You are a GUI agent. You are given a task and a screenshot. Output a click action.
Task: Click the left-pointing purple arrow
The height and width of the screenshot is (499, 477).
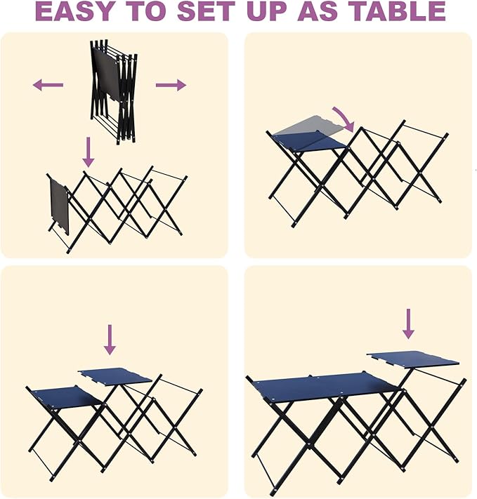pos(48,86)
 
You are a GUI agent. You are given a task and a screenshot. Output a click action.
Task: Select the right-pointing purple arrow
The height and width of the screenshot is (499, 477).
pos(171,86)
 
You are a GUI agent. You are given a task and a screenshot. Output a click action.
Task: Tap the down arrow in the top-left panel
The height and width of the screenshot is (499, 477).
pos(88,151)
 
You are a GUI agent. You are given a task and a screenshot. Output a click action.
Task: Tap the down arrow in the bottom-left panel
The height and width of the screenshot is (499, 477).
pos(109,338)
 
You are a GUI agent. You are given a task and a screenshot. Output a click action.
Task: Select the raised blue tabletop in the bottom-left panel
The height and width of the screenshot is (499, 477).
pos(115,375)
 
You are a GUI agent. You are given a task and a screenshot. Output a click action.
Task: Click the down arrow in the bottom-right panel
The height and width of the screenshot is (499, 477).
pos(408,324)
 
